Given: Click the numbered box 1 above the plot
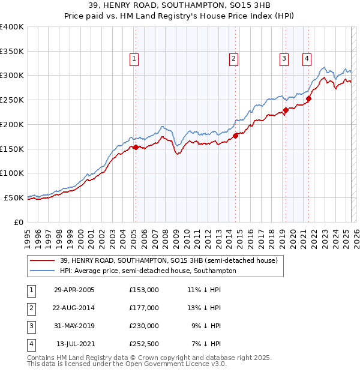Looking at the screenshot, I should [133, 59].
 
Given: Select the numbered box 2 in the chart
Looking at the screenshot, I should [233, 59].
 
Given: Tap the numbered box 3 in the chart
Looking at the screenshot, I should [284, 59].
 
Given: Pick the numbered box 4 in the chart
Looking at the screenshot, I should [307, 59].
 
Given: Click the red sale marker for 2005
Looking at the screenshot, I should [136, 147].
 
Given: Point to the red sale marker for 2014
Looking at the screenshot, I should [236, 136].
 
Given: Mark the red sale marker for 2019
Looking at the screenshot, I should [286, 110].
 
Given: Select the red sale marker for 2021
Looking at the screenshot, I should [309, 99].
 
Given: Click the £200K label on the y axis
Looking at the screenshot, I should [12, 124].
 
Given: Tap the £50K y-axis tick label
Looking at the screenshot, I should [14, 197].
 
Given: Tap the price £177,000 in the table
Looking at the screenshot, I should [144, 308].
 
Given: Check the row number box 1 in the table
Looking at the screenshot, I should [30, 290].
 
